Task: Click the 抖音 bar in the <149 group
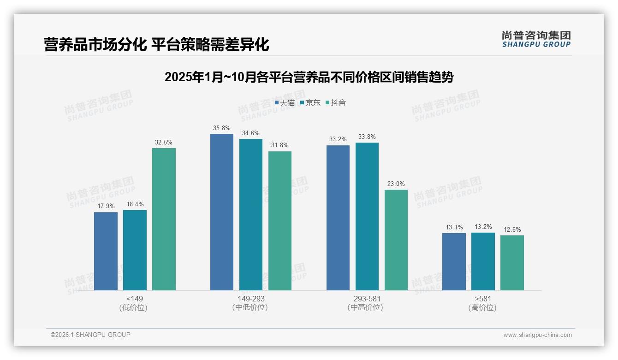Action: click(164, 219)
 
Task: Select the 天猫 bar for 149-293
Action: click(222, 212)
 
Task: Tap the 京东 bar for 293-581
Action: click(367, 216)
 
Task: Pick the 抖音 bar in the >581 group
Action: click(512, 263)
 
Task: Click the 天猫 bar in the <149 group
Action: click(106, 251)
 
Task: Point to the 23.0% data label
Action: click(396, 184)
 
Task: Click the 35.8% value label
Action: click(222, 128)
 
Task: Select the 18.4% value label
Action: click(135, 204)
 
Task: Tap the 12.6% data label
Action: click(512, 230)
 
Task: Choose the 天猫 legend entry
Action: click(285, 102)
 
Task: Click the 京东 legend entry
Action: click(310, 102)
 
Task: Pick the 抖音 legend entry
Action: click(336, 102)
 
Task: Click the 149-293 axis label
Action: click(251, 299)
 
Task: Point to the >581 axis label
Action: click(483, 299)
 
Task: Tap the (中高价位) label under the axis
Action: click(367, 307)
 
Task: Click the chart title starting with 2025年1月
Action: click(309, 77)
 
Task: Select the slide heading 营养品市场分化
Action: click(156, 45)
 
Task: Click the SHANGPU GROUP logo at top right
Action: click(536, 39)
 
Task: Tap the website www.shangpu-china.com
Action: click(537, 335)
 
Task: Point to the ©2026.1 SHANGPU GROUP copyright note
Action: click(90, 335)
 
